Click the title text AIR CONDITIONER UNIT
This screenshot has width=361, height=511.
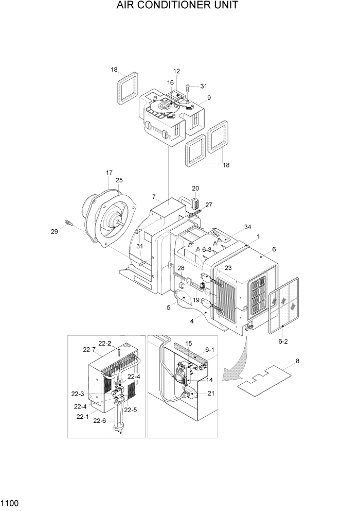(x=180, y=6)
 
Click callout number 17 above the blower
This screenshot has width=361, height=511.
(x=109, y=173)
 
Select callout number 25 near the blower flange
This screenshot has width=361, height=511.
(x=119, y=180)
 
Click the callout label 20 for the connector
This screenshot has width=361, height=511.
(x=195, y=189)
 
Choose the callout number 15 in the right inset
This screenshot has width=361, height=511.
(x=188, y=343)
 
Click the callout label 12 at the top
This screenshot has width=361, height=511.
(x=176, y=71)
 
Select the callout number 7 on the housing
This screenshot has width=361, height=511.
(x=153, y=197)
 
